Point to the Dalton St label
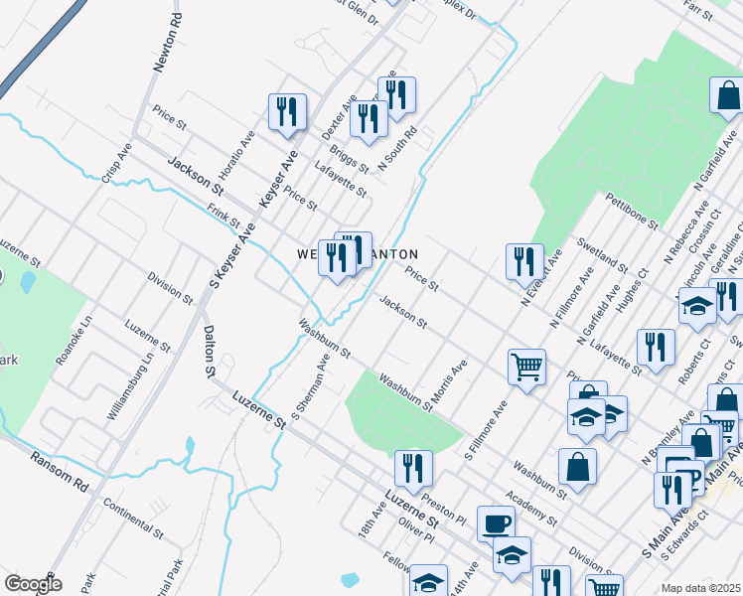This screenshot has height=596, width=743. (x=209, y=353)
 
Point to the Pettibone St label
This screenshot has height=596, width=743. (x=632, y=212)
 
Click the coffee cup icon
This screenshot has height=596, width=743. (x=496, y=522)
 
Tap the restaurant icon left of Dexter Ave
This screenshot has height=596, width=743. (x=287, y=111)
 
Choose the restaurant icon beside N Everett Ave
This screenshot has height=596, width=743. (x=523, y=261)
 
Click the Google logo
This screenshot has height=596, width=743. (x=33, y=583)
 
